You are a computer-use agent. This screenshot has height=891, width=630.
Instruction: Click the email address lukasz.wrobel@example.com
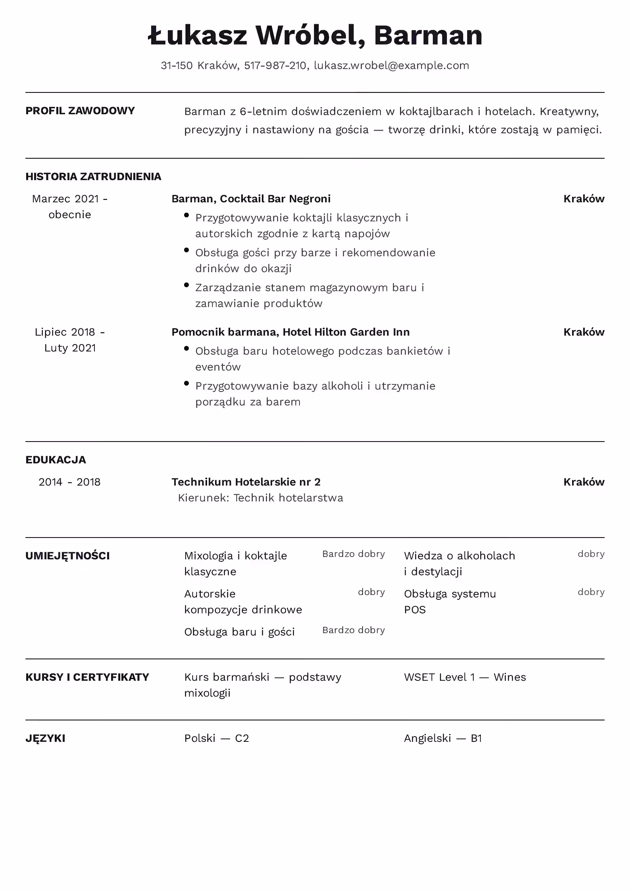click(x=391, y=65)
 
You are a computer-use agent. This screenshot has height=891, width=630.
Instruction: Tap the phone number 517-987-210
click(x=275, y=65)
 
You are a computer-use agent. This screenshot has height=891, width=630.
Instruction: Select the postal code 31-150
click(x=177, y=65)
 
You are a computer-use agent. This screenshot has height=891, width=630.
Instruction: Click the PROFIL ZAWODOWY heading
click(x=80, y=111)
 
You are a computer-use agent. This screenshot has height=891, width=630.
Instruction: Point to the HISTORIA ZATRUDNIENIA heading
click(x=93, y=177)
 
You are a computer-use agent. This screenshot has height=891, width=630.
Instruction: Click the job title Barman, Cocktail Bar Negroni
click(x=251, y=199)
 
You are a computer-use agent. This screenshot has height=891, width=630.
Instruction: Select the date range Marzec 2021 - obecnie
click(x=70, y=207)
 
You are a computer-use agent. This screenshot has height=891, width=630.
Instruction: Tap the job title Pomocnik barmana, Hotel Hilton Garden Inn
click(x=290, y=332)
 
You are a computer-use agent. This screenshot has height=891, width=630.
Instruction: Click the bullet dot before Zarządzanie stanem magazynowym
click(x=186, y=285)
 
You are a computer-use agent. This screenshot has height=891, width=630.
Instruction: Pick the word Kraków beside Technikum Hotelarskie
click(x=584, y=482)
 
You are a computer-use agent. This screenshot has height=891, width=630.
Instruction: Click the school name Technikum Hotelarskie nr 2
click(x=246, y=482)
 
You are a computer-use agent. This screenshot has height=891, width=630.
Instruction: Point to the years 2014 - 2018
click(x=69, y=482)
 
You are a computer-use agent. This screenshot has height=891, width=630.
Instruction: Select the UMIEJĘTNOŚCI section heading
click(x=67, y=556)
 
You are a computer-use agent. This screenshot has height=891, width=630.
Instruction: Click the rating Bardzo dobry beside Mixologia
click(x=353, y=554)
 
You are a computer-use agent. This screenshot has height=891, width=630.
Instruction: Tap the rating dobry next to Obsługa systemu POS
click(x=591, y=592)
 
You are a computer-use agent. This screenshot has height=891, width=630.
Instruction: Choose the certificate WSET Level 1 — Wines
click(x=465, y=677)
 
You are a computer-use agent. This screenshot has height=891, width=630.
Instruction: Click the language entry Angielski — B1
click(x=443, y=738)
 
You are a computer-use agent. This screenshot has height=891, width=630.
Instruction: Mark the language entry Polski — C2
click(x=216, y=738)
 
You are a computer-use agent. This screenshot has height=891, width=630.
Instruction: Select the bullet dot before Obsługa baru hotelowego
click(x=186, y=348)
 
